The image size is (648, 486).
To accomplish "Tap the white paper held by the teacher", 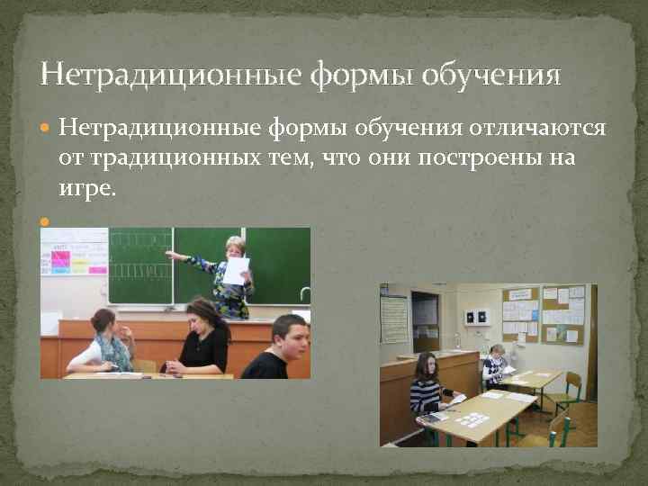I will click(235, 270).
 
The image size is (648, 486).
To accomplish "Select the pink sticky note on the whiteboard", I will click(60, 261).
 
